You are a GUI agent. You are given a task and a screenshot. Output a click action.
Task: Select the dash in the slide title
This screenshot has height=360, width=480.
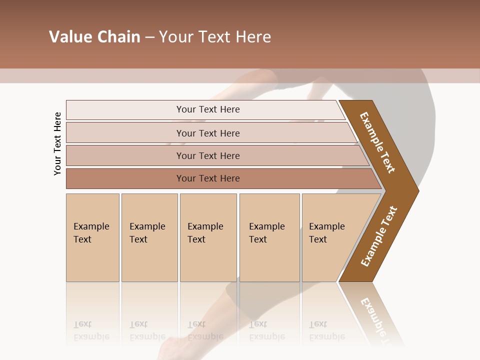point(149,37)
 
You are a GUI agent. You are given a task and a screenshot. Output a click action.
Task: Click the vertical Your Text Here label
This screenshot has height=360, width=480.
point(57,143)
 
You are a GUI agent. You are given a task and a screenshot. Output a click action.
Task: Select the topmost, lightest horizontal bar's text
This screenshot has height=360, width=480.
point(208,109)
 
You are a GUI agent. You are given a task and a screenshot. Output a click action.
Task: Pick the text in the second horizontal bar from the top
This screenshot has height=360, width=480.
point(208,133)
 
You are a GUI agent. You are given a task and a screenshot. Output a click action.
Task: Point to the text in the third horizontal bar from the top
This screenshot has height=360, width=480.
point(208,155)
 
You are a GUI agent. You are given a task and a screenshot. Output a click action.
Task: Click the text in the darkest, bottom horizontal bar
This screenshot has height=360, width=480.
point(208,178)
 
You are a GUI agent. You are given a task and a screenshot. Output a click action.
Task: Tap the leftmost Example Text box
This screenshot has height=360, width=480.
point(91,233)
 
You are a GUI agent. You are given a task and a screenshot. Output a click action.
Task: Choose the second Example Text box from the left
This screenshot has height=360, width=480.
point(147,233)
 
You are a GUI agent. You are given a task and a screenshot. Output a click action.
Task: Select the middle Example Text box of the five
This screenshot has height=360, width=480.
point(205,233)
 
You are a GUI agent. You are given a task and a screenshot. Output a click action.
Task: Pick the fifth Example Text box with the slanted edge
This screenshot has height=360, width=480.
point(327,233)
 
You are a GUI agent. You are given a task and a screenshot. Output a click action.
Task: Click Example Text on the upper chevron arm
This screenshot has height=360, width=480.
point(377,142)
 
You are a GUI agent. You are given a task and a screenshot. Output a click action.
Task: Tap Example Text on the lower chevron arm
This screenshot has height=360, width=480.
point(379,236)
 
